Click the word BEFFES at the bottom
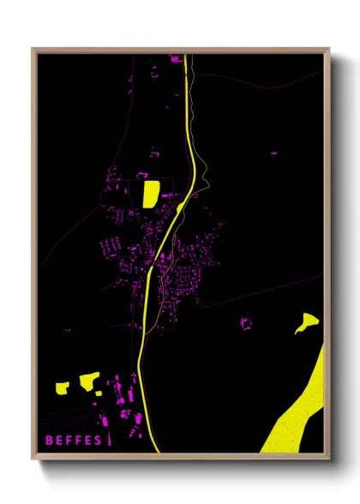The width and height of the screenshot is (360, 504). [74, 441]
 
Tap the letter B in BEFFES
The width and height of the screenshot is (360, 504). [50, 441]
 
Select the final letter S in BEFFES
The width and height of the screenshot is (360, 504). [98, 441]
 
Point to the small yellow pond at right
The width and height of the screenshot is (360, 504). [306, 323]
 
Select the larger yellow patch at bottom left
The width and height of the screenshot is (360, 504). [89, 381]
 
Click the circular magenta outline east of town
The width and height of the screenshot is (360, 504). [246, 324]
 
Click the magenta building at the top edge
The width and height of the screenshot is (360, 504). [176, 59]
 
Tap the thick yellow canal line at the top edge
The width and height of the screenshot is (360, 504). [186, 60]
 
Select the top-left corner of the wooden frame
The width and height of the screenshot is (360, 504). [33, 50]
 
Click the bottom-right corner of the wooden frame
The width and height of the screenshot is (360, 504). [328, 458]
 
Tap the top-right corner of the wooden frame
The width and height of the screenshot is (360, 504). [328, 50]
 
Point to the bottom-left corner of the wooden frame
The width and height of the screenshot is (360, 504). [33, 458]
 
